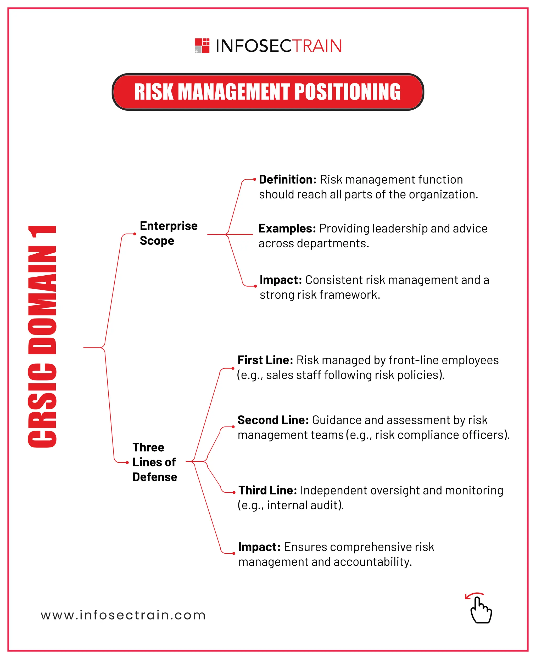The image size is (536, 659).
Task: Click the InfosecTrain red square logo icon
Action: pyautogui.click(x=202, y=46)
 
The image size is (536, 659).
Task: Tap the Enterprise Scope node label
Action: pyautogui.click(x=168, y=233)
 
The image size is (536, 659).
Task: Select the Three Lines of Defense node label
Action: pyautogui.click(x=154, y=462)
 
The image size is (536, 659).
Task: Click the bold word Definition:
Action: pyautogui.click(x=287, y=180)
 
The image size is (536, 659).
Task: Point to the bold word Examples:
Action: pyautogui.click(x=287, y=229)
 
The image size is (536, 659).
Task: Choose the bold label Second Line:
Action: pyautogui.click(x=273, y=420)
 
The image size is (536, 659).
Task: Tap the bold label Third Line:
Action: pyautogui.click(x=268, y=490)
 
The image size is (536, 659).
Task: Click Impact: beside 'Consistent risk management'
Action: pyautogui.click(x=281, y=280)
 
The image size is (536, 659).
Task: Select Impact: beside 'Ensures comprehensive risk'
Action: pyautogui.click(x=259, y=547)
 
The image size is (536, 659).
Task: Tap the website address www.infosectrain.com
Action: pyautogui.click(x=123, y=615)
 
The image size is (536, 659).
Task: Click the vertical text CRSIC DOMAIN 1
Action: pyautogui.click(x=42, y=336)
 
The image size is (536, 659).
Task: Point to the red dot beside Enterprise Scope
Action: pyautogui.click(x=135, y=234)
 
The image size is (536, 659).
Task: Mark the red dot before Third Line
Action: pyautogui.click(x=234, y=492)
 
